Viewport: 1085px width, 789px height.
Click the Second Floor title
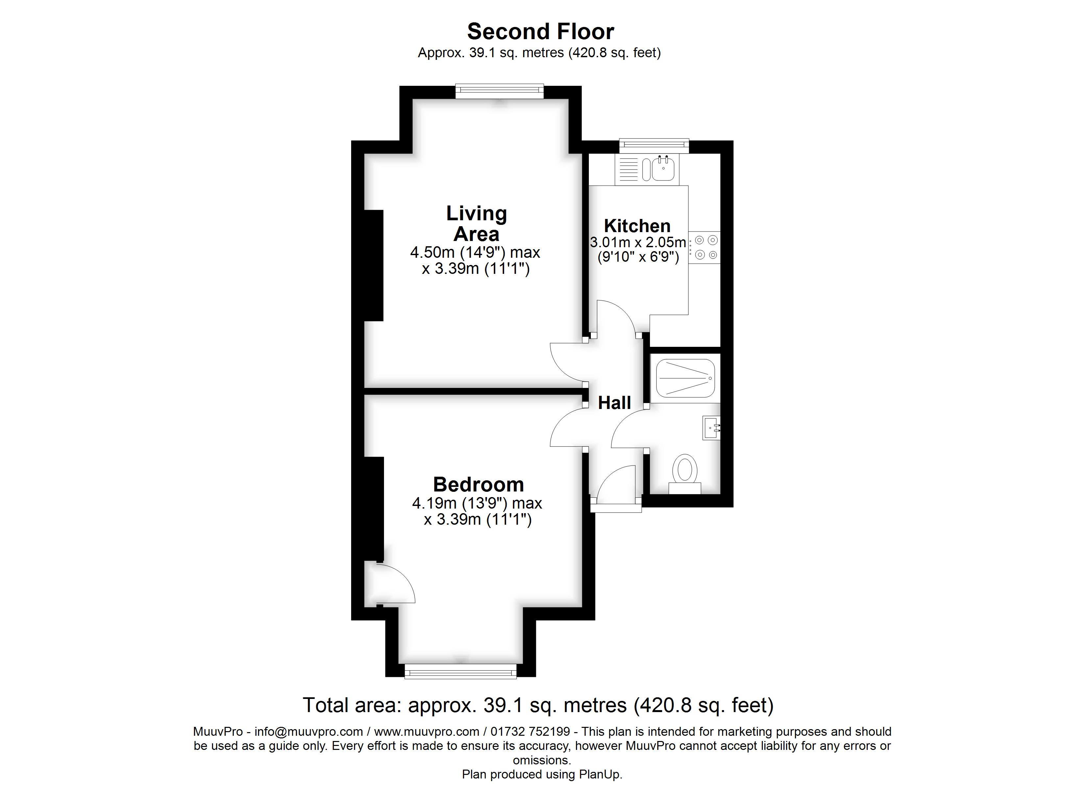tap(540, 32)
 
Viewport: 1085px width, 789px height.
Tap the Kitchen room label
tap(637, 226)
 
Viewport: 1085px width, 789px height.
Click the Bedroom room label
tap(478, 485)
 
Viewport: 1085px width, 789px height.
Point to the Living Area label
tap(476, 224)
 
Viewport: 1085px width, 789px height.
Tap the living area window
tap(499, 91)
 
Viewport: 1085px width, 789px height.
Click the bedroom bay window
tap(461, 671)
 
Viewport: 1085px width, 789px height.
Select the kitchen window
tap(654, 145)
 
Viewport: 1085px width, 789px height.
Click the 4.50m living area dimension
tap(475, 252)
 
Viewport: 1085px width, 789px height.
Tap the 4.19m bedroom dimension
tap(477, 503)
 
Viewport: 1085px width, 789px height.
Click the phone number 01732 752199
tap(530, 731)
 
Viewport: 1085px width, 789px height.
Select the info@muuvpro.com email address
tap(308, 731)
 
